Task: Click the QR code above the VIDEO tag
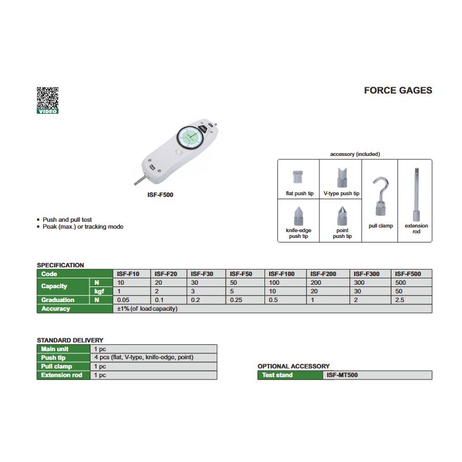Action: (x=47, y=98)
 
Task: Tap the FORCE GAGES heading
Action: (x=398, y=90)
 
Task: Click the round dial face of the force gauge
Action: (x=190, y=137)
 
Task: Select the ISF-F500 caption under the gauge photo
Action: (x=161, y=195)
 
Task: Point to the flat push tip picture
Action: (x=297, y=177)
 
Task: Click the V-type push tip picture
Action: (x=342, y=177)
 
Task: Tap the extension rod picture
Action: (x=416, y=195)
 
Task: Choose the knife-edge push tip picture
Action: (x=299, y=216)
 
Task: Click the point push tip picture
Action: (x=342, y=216)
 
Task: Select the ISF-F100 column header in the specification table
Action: (x=281, y=274)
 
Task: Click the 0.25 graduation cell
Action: (x=236, y=300)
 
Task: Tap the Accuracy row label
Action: (x=55, y=308)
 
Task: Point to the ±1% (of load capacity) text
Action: (x=147, y=308)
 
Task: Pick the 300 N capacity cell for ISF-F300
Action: (x=359, y=282)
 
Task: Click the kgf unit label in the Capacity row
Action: (x=99, y=292)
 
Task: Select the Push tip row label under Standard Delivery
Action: (x=53, y=357)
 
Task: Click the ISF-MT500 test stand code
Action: (x=342, y=375)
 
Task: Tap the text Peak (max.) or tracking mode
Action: (x=83, y=226)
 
